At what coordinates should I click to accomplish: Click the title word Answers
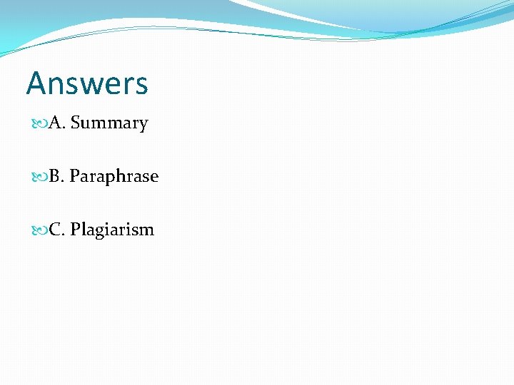click(87, 83)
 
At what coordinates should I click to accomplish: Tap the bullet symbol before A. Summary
click(40, 123)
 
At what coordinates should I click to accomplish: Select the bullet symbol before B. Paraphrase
click(40, 177)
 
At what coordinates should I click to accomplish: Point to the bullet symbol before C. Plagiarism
click(40, 230)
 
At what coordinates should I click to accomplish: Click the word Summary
click(109, 123)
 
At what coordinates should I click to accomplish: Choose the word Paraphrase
click(114, 177)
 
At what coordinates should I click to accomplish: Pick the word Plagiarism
click(112, 230)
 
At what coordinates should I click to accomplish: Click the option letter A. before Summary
click(57, 123)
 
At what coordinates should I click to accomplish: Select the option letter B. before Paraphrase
click(56, 177)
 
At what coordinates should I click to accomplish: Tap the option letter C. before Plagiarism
click(56, 230)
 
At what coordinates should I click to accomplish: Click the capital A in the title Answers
click(36, 83)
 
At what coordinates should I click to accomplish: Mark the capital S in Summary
click(75, 123)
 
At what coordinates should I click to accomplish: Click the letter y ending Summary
click(143, 125)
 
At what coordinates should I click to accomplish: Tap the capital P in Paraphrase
click(74, 177)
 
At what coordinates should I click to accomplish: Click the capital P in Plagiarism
click(75, 230)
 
